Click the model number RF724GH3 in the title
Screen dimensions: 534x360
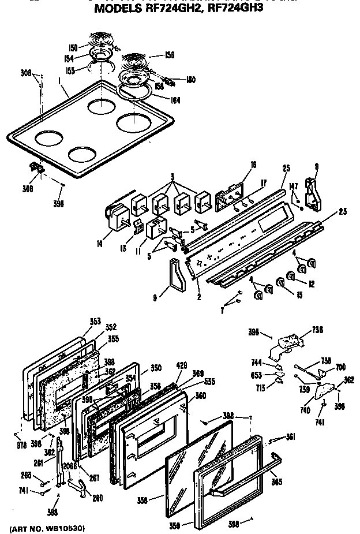click(x=234, y=9)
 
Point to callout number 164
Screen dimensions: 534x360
click(x=175, y=100)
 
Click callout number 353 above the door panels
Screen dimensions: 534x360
click(x=95, y=321)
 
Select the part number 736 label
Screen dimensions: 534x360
click(x=318, y=330)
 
